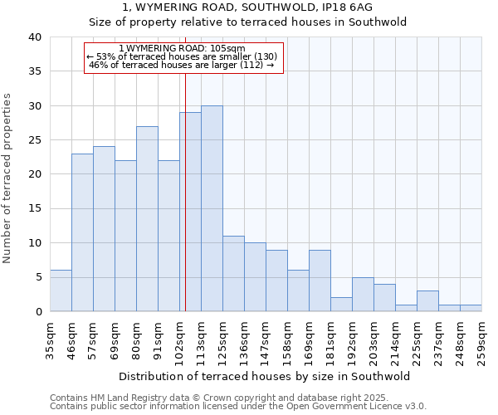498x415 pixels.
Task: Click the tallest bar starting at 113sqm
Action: tap(212, 208)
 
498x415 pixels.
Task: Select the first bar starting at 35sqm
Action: tap(61, 290)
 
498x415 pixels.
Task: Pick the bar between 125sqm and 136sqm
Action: tap(233, 273)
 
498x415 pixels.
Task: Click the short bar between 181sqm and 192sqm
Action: tap(341, 304)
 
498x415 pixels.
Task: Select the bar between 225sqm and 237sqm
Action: tap(427, 300)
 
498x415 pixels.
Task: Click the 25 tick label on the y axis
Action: tap(34, 140)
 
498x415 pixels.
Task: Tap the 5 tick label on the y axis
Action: tap(38, 277)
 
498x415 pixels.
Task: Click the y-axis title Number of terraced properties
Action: tap(8, 178)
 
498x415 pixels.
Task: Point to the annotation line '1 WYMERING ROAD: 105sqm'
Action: tap(184, 48)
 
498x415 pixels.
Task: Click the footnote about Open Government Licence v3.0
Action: tap(237, 406)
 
